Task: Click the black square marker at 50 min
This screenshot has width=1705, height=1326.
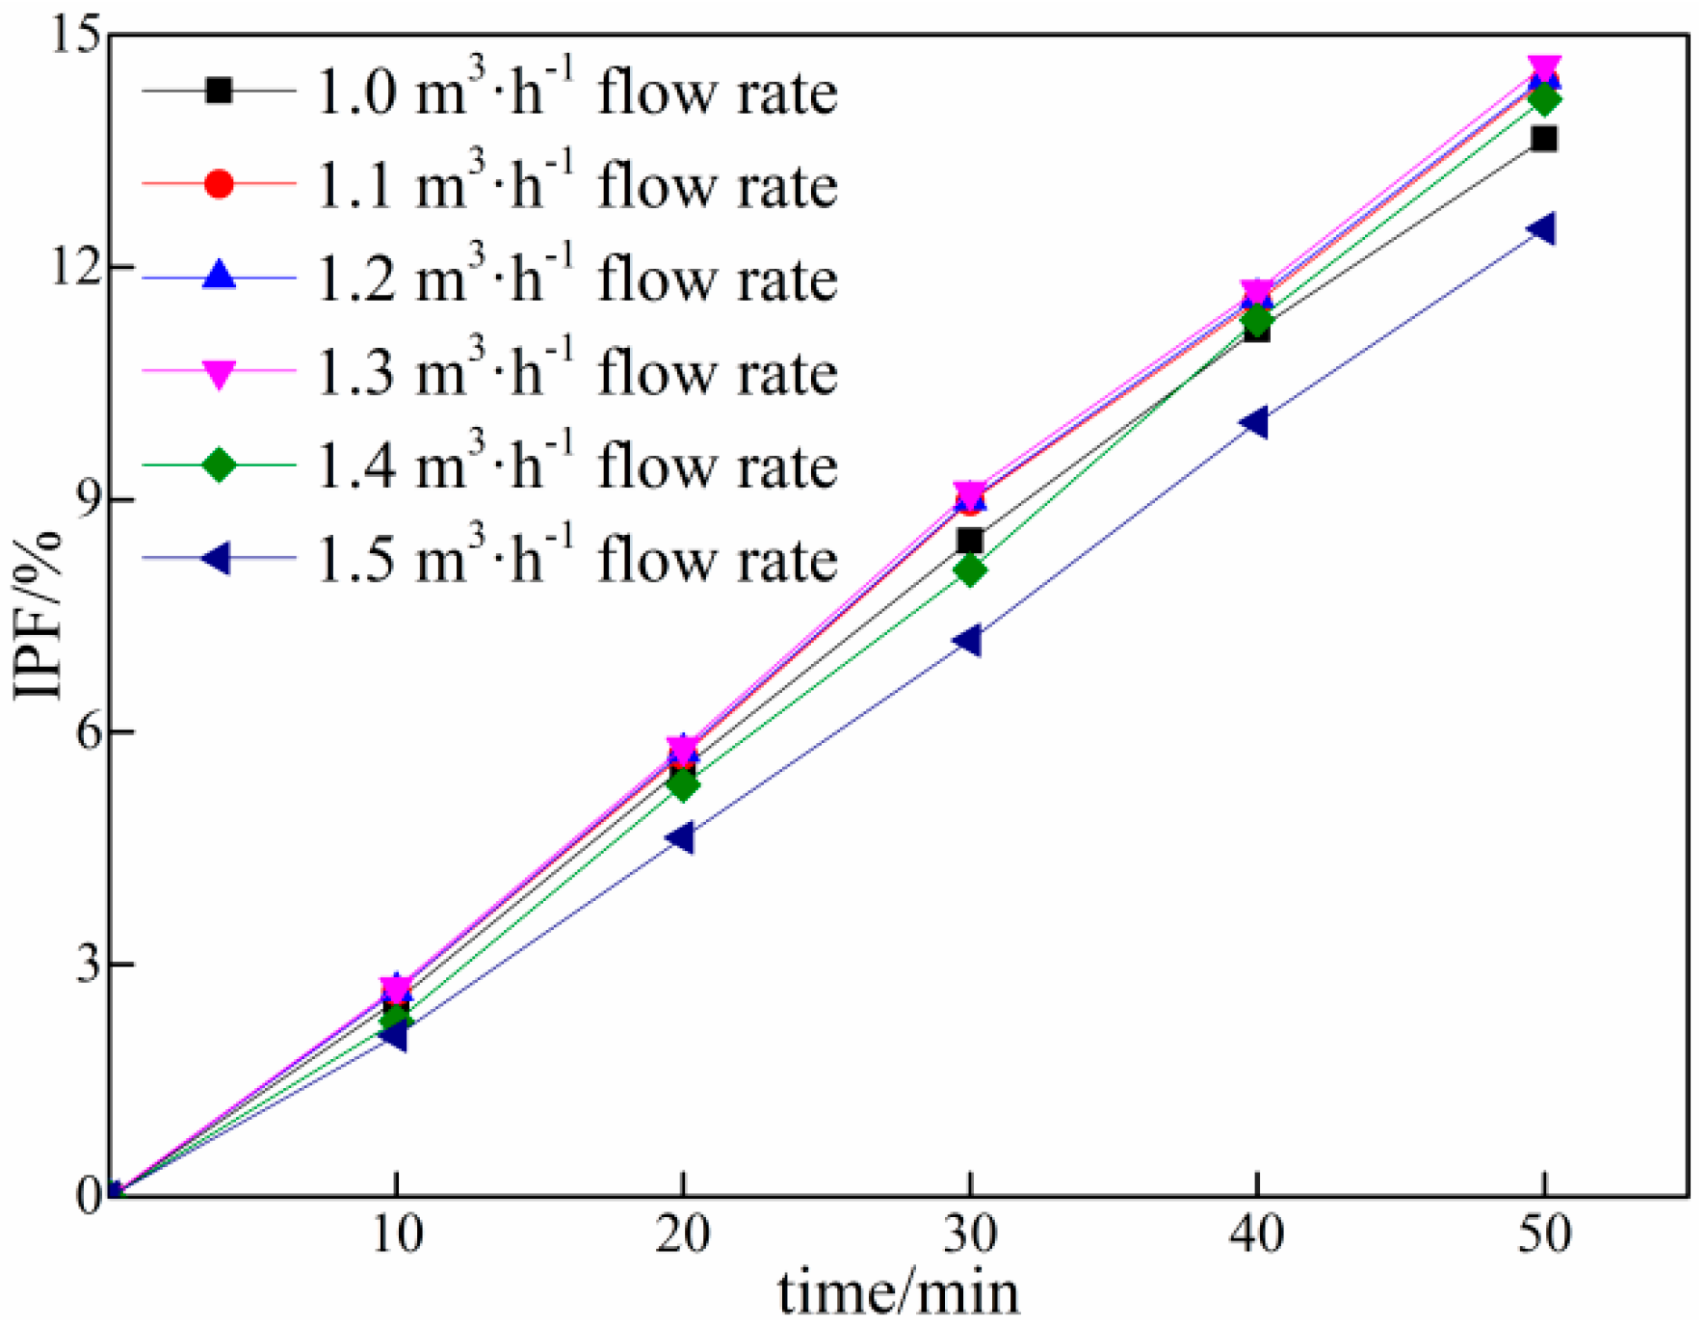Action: coord(1544,139)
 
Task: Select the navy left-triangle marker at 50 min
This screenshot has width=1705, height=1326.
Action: coord(1541,229)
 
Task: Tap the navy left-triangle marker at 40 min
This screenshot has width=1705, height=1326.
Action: coord(1255,422)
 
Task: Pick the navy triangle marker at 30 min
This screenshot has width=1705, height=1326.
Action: coord(967,640)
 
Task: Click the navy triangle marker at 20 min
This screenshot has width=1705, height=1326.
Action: coord(680,837)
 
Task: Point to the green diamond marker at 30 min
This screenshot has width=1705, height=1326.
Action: coord(970,570)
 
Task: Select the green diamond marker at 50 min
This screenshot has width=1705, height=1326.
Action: coord(1544,99)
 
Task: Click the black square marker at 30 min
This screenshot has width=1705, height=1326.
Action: coord(970,540)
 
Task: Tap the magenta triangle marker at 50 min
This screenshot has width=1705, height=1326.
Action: coord(1544,68)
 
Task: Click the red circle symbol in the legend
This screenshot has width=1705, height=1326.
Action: coord(220,183)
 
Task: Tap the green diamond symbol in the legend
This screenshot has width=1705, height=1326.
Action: coord(220,464)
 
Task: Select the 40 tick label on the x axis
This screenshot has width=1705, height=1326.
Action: coord(1255,1234)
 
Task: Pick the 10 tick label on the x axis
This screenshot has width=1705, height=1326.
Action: coord(396,1234)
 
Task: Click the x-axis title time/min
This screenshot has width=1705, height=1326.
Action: coord(898,1293)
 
